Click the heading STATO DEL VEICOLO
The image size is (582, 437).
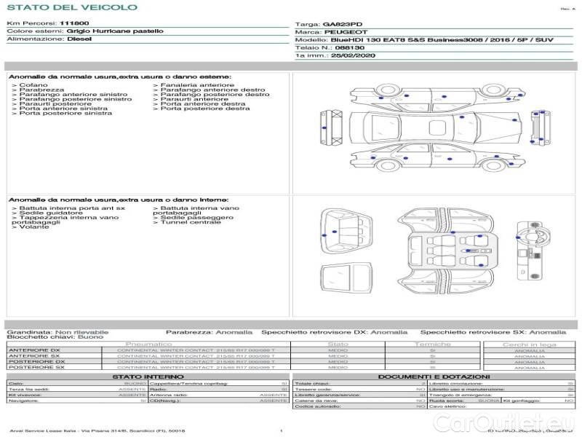point(72,7)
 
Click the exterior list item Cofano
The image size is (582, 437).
point(34,85)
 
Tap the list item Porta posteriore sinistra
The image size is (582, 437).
point(65,114)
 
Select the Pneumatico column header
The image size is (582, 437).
point(149,344)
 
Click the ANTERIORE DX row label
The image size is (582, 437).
point(34,350)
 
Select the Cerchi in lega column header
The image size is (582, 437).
point(530,344)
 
